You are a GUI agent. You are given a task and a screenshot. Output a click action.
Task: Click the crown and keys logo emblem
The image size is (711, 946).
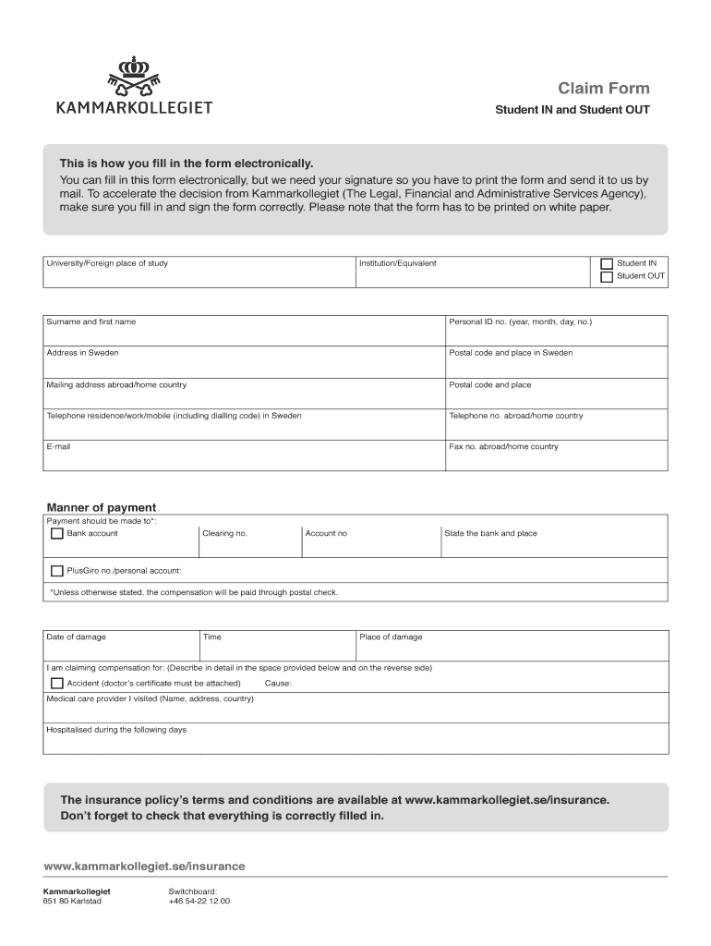[134, 75]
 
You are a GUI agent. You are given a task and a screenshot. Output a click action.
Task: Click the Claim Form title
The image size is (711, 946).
[603, 89]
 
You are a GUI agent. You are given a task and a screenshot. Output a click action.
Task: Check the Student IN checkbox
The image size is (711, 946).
[607, 263]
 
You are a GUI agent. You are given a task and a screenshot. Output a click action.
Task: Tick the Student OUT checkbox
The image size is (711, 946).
[607, 276]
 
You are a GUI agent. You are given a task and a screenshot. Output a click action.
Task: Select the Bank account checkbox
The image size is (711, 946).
[56, 533]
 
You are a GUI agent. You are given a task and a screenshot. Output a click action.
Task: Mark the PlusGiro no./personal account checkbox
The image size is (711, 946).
[56, 571]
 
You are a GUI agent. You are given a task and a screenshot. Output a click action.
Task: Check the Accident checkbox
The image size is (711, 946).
[56, 684]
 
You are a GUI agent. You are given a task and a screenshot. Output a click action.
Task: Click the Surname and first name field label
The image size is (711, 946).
[90, 321]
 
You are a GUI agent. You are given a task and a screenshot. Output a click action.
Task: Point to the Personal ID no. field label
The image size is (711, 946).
[520, 321]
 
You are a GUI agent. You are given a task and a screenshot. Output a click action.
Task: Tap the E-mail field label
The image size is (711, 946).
[58, 446]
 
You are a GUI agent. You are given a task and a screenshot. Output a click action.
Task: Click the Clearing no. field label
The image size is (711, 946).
[224, 533]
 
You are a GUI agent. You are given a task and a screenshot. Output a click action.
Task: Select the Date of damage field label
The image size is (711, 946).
[76, 637]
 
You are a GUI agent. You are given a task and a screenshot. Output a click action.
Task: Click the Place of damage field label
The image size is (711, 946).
[391, 637]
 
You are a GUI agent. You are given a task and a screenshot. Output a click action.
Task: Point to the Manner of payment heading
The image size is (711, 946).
[102, 507]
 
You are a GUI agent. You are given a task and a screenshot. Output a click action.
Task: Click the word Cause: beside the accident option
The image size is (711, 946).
[278, 684]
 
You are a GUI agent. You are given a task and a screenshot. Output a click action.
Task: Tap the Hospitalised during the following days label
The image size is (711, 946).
[116, 730]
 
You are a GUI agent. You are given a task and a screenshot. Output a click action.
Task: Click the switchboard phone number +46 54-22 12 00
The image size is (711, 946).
[199, 901]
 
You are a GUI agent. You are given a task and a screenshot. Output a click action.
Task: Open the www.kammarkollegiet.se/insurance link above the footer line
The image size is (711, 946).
[144, 866]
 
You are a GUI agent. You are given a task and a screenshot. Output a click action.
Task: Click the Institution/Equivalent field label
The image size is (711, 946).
[397, 263]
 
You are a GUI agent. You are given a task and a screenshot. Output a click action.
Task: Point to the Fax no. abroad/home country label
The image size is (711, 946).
[503, 446]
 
